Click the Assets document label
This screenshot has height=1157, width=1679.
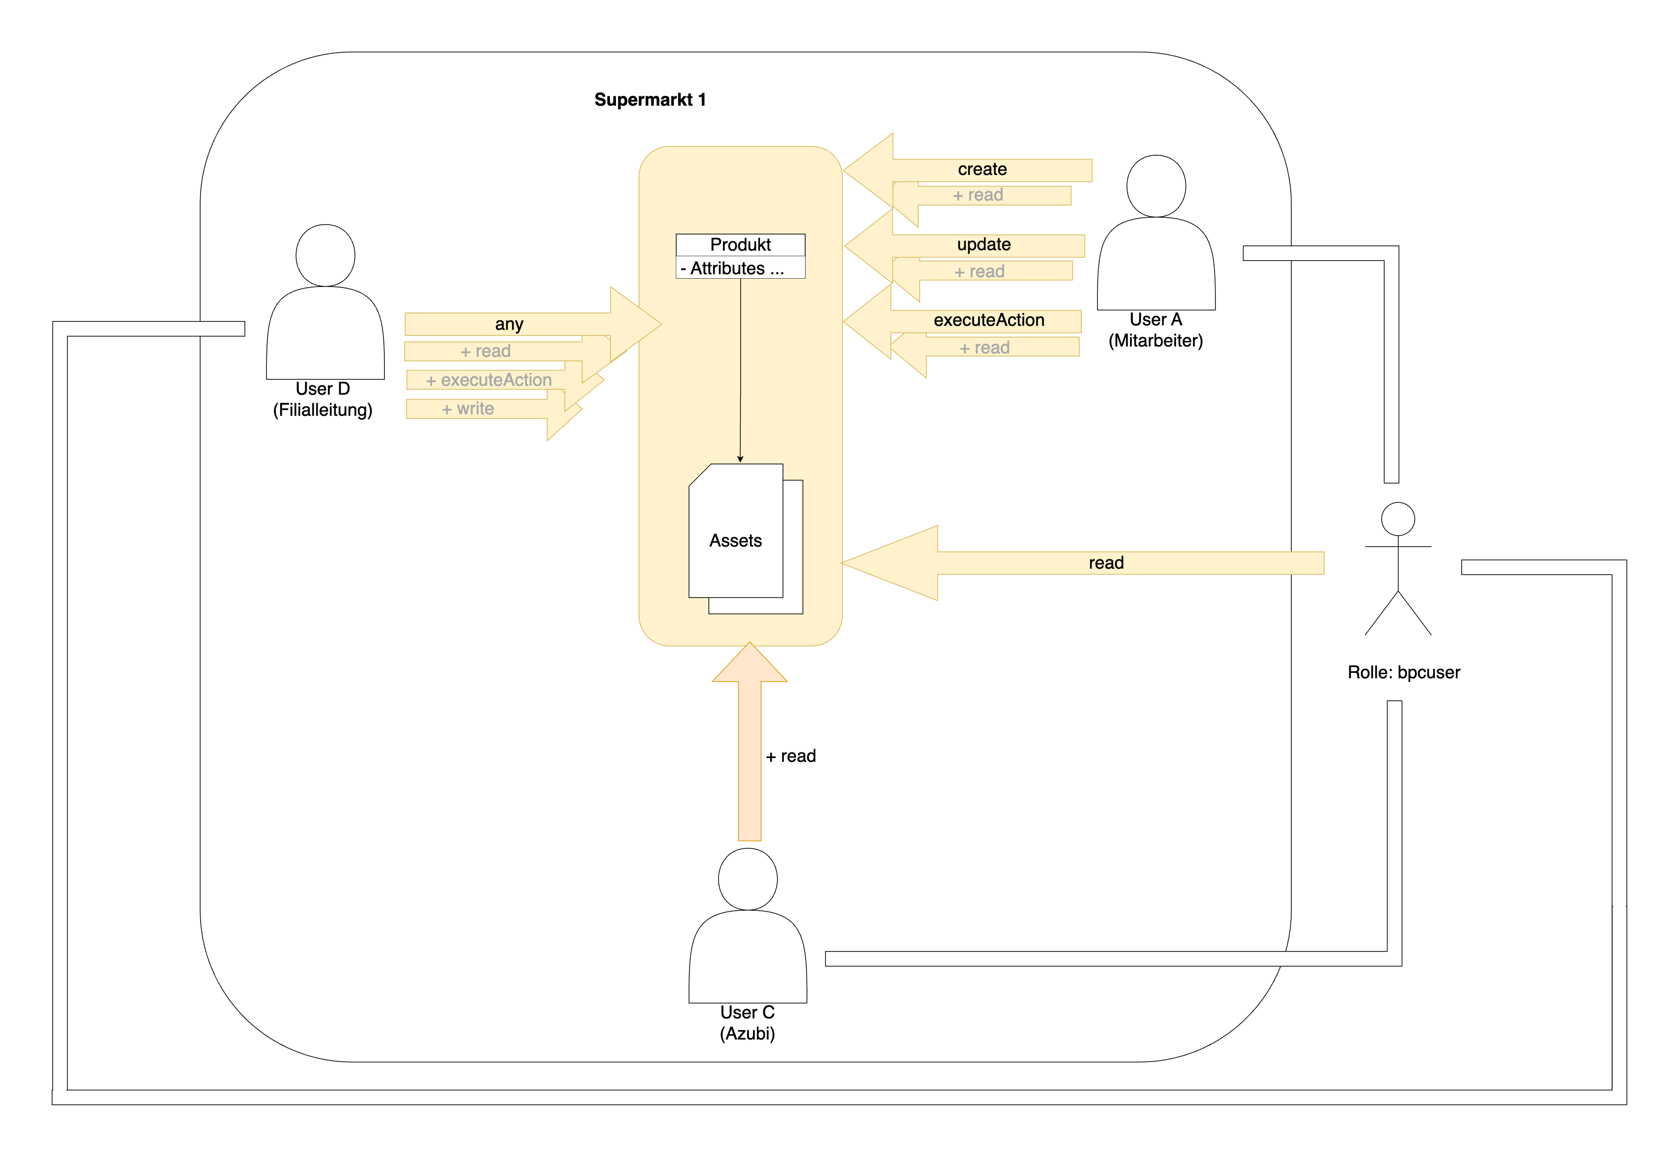pyautogui.click(x=735, y=540)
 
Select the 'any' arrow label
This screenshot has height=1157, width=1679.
pyautogui.click(x=509, y=324)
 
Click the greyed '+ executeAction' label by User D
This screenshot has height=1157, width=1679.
pyautogui.click(x=489, y=380)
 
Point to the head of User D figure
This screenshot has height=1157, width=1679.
pyautogui.click(x=325, y=255)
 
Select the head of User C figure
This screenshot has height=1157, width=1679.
pyautogui.click(x=748, y=879)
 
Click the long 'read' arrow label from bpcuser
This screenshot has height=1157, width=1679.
pyautogui.click(x=1105, y=563)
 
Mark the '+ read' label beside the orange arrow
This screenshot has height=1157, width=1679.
pyautogui.click(x=790, y=756)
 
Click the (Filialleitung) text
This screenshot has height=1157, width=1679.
pyautogui.click(x=322, y=410)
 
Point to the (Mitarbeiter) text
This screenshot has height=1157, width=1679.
pyautogui.click(x=1155, y=341)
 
